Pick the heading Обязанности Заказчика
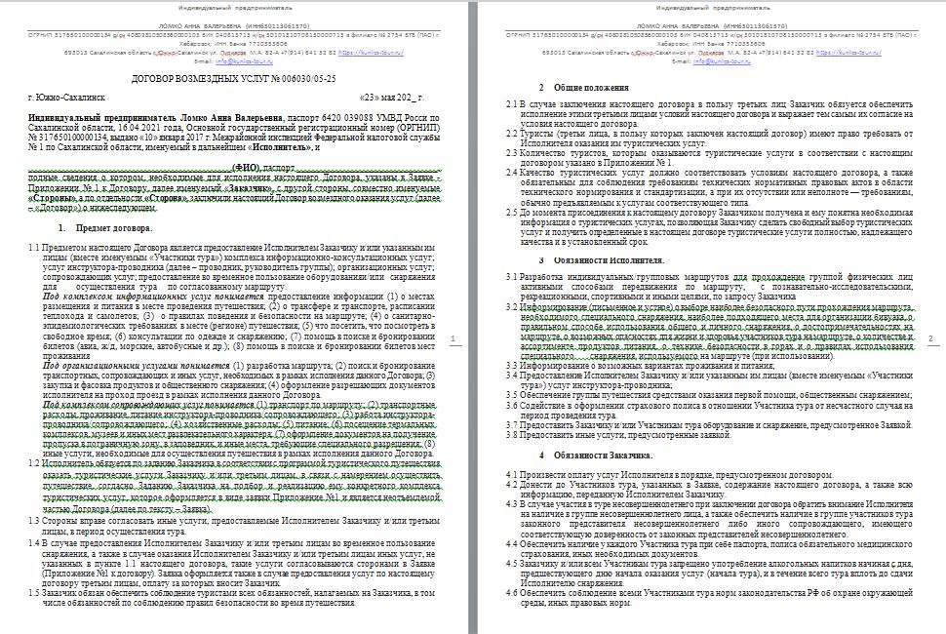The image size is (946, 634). coord(599,456)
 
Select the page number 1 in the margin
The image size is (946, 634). coord(457,338)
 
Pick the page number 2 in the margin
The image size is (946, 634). coord(932,338)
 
